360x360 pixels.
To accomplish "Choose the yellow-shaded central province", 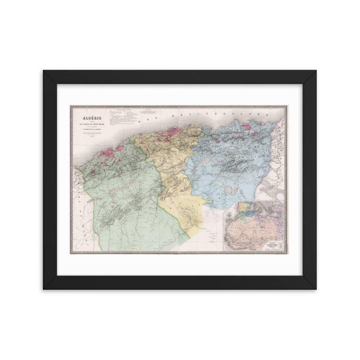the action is (x=170, y=165).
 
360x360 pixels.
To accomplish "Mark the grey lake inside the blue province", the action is (x=230, y=190).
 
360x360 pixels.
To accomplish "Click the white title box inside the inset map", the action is (x=272, y=246).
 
